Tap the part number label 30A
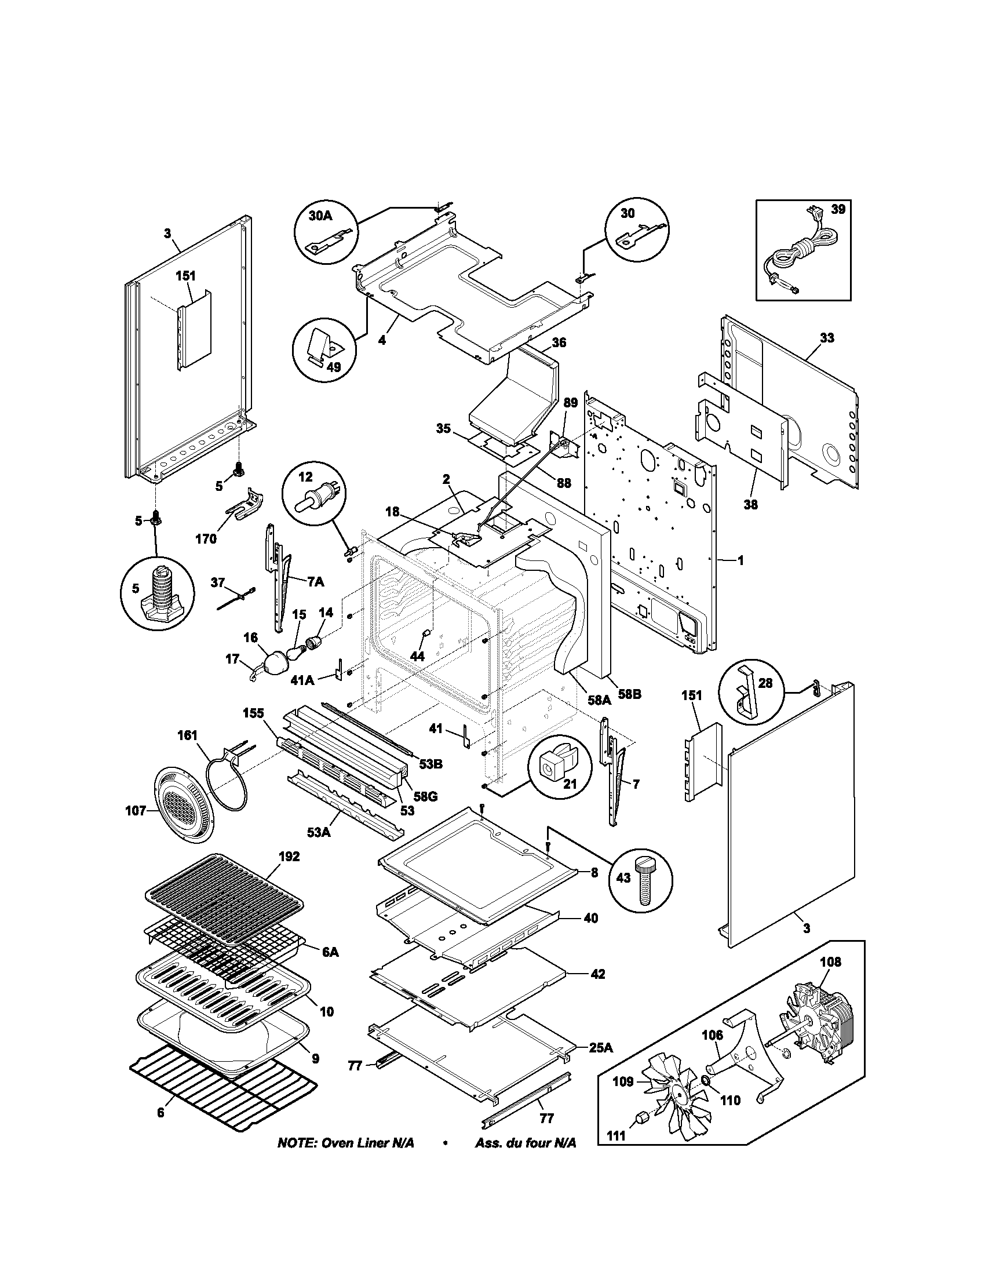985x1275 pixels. tap(320, 216)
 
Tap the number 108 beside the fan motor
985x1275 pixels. tap(830, 961)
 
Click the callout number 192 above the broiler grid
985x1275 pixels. tap(289, 857)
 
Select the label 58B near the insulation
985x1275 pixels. tap(630, 695)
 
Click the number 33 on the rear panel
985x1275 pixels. tap(826, 337)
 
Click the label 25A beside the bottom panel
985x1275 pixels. tap(600, 1048)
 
